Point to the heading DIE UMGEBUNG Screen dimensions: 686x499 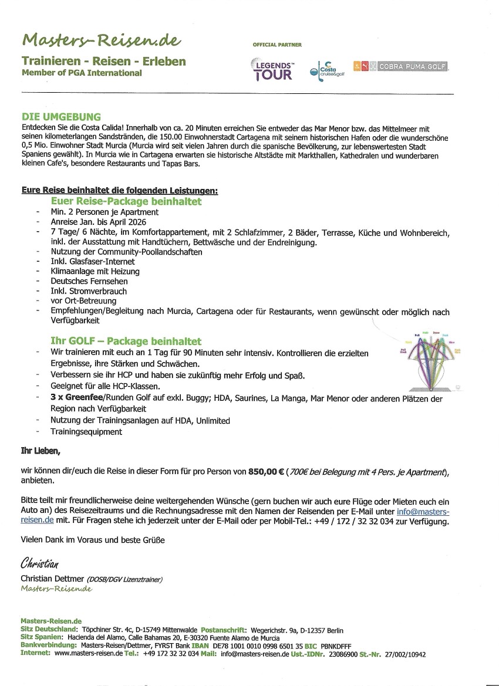coord(61,117)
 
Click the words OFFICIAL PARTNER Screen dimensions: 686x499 coord(277,45)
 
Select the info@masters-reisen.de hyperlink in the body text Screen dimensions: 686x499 coord(423,512)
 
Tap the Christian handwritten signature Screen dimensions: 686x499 coord(40,565)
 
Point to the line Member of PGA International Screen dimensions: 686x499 coord(82,73)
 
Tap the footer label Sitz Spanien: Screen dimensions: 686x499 coord(41,637)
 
